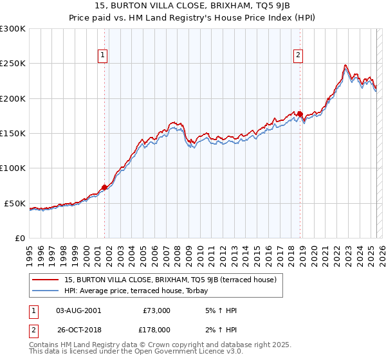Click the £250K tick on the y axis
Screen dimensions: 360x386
[x=13, y=64]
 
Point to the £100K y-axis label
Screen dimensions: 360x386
[x=13, y=168]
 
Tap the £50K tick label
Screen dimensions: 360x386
[x=15, y=203]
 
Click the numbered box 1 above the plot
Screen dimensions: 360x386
[x=104, y=56]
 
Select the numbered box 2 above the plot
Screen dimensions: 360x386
[x=299, y=56]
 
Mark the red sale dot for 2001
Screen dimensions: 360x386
[x=104, y=188]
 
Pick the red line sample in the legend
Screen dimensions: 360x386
[x=46, y=280]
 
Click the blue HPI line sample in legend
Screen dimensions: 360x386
[x=46, y=291]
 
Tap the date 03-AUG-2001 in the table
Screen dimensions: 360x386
[x=78, y=310]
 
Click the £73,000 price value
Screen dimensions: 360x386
[x=155, y=310]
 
